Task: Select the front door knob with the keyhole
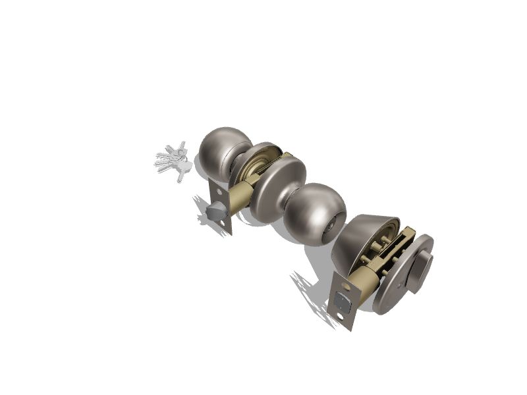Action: point(316,213)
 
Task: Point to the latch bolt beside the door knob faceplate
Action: point(213,212)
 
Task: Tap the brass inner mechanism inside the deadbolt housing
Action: point(389,251)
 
